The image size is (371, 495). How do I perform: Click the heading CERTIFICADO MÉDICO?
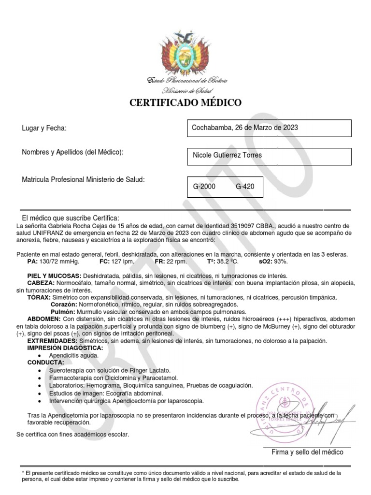coord(185,102)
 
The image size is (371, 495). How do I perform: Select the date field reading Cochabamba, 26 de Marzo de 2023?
coord(245,128)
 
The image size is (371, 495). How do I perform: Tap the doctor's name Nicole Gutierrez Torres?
coord(227,155)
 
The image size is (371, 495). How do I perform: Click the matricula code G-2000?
coord(204,186)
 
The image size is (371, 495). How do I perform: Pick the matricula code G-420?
coord(245,186)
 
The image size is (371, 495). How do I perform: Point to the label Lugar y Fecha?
coord(44,128)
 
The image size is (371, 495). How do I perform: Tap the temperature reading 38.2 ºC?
coord(228,262)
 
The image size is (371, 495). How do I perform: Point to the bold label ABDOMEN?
coord(44,319)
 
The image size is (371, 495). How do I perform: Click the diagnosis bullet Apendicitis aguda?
coord(73,355)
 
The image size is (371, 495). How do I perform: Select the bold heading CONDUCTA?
coord(45,362)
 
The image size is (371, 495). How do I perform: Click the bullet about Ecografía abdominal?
coord(106,393)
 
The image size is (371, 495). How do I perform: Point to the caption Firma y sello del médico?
coord(307,452)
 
